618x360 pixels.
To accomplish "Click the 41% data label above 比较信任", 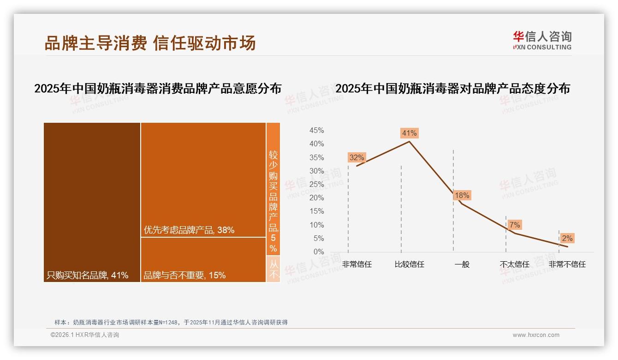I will (409, 133).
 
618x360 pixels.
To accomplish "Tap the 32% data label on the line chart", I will (357, 158).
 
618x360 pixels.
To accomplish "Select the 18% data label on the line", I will (462, 196).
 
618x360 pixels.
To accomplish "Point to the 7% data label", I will (515, 225).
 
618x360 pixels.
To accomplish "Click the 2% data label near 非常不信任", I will (567, 239).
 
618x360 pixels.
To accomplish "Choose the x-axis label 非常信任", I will (357, 264).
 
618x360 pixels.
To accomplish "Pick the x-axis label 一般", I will (462, 264).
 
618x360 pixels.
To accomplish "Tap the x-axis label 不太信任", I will (514, 264).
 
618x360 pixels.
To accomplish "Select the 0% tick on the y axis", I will (319, 252).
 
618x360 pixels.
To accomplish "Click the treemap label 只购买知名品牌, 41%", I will (87, 276).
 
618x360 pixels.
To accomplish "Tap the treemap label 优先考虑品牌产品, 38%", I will (189, 230).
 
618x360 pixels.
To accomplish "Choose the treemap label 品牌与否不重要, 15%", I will (184, 276).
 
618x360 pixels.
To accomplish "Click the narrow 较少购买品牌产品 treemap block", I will (273, 189).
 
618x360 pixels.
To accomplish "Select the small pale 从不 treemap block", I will (273, 269).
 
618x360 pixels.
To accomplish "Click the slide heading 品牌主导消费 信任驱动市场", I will (150, 43).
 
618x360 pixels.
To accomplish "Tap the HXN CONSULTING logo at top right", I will (542, 40).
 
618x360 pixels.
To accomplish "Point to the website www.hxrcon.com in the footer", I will (536, 335).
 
